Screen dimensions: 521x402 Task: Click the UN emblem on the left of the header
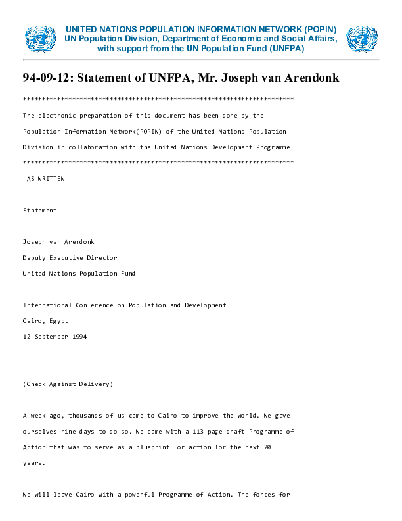pos(41,39)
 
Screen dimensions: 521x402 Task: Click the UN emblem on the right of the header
pos(362,39)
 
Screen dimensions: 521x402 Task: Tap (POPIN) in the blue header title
pos(320,30)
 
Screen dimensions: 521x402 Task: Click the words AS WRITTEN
pos(45,179)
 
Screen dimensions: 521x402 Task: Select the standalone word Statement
pos(40,211)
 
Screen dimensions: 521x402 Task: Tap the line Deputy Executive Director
pos(70,258)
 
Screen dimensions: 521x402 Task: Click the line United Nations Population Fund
pos(79,274)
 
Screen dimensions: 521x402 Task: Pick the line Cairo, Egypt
pos(45,321)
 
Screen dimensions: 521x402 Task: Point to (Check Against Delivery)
pos(68,384)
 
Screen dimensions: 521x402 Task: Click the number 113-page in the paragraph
pos(198,432)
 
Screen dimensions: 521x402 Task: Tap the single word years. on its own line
pos(34,463)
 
